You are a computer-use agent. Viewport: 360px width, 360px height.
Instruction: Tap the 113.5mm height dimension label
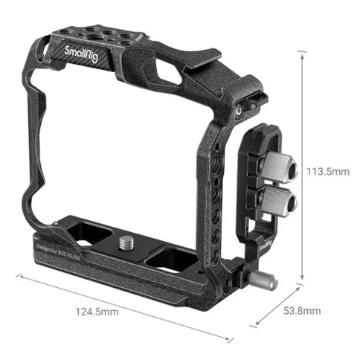pos(327,172)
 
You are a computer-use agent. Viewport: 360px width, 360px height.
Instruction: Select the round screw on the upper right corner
pos(237,108)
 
